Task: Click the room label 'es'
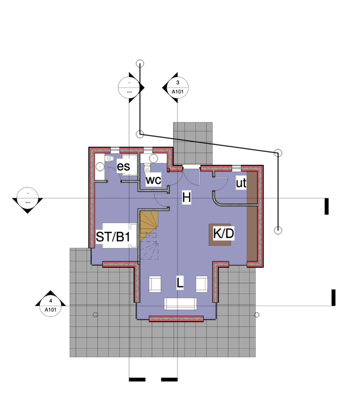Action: pyautogui.click(x=123, y=167)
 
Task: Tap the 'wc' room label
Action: pyautogui.click(x=153, y=180)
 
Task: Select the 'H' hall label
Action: pyautogui.click(x=186, y=198)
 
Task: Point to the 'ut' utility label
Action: pyautogui.click(x=241, y=183)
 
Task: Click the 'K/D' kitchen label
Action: pyautogui.click(x=224, y=233)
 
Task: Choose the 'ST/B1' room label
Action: pyautogui.click(x=113, y=237)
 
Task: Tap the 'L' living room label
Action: pyautogui.click(x=180, y=282)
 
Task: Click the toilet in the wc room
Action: pyautogui.click(x=147, y=168)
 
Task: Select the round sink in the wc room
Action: pyautogui.click(x=154, y=159)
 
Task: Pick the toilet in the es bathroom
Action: pyautogui.click(x=109, y=159)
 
